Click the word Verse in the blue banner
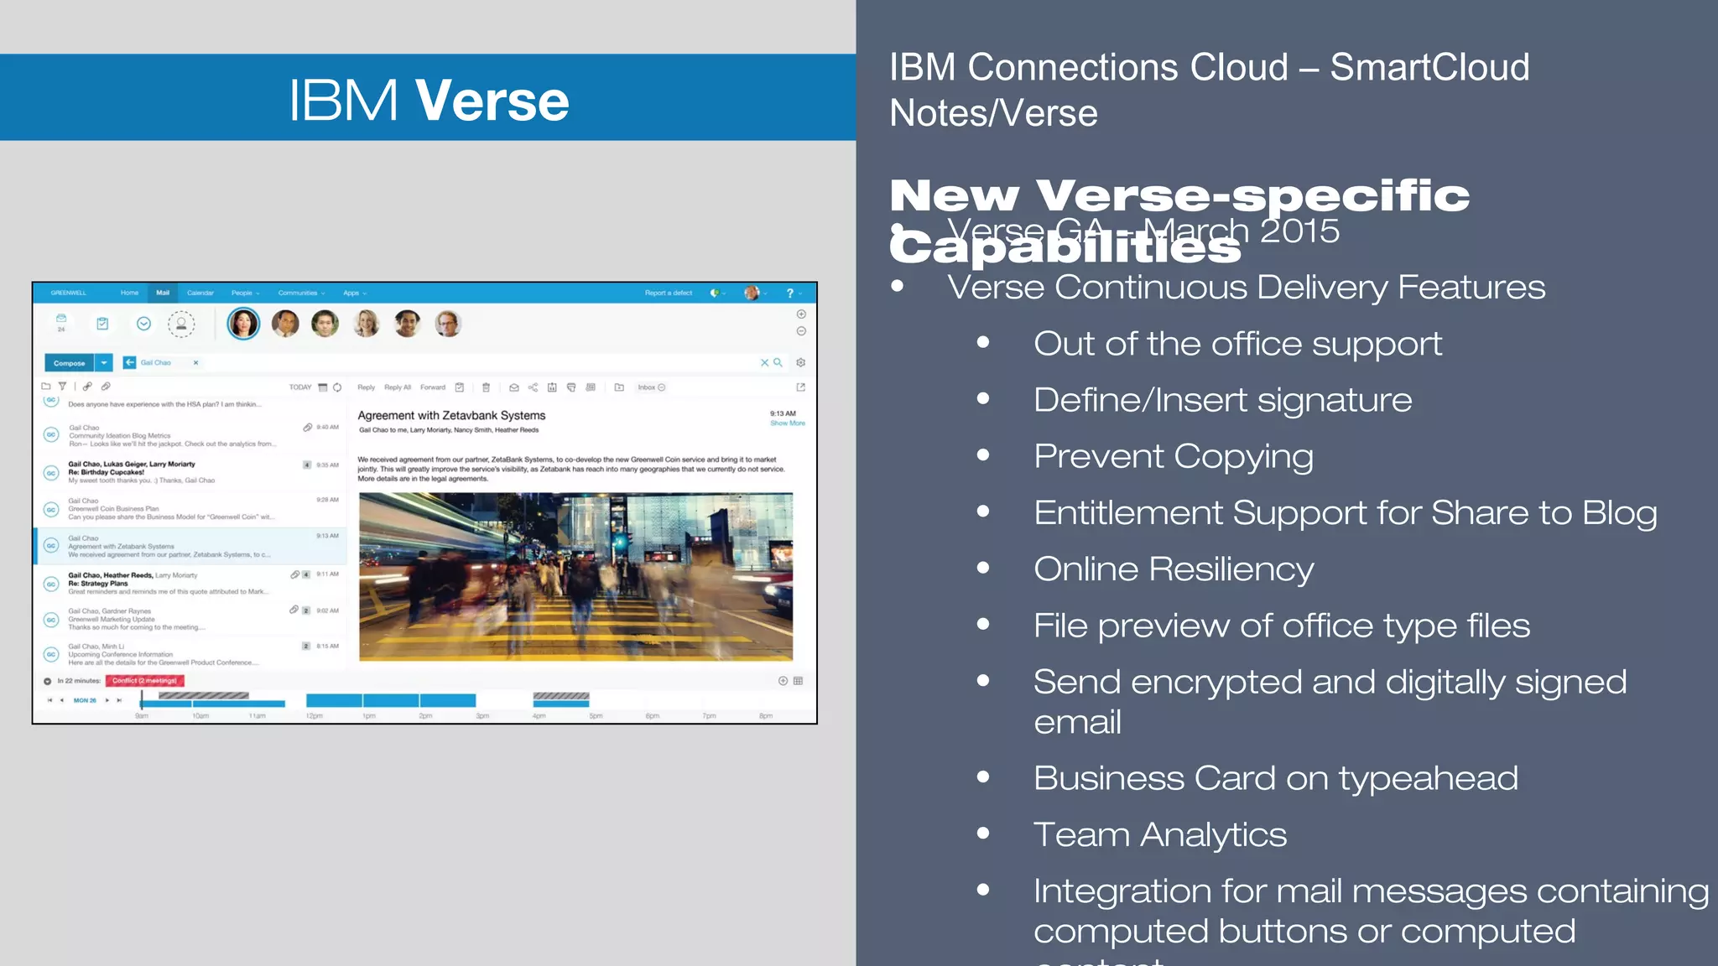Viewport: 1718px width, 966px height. (492, 101)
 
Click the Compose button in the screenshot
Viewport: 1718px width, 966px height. (70, 363)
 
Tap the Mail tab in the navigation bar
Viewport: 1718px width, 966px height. (163, 293)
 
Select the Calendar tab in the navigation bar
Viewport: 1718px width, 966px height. (200, 293)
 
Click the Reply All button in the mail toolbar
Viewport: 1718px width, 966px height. (398, 387)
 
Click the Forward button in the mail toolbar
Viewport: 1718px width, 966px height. (433, 387)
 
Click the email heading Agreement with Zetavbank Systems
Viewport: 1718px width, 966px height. (451, 415)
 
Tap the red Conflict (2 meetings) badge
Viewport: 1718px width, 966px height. (144, 681)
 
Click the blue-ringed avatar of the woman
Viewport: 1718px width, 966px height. (243, 324)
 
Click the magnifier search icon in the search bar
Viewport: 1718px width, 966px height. (778, 363)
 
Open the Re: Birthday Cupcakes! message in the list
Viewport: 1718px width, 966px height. (107, 472)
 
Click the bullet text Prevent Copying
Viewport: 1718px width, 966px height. (1173, 456)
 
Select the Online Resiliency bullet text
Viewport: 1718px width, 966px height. (1173, 569)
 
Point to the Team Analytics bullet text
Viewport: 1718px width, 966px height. (1159, 834)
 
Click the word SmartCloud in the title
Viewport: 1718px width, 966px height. (1429, 67)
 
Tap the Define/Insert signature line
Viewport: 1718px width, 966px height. (1222, 400)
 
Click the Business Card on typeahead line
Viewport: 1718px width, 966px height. (1275, 778)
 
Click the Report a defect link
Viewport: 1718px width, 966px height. (668, 293)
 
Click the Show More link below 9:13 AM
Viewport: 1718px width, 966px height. (788, 423)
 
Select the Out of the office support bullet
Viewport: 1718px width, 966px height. (1237, 344)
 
